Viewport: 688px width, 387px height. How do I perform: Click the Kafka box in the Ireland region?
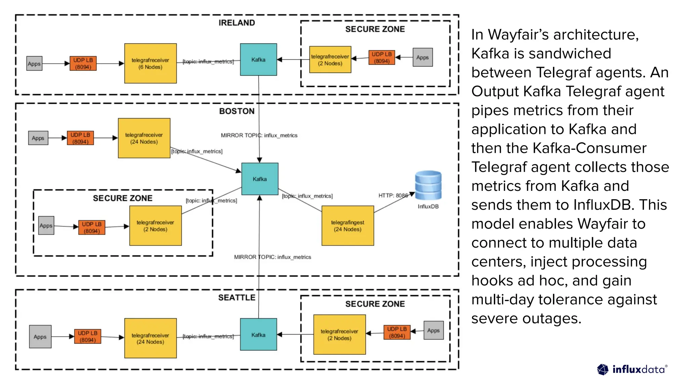pyautogui.click(x=258, y=59)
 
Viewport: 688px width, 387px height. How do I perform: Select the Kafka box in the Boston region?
pyautogui.click(x=260, y=179)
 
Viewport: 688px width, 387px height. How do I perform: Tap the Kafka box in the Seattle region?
pyautogui.click(x=258, y=334)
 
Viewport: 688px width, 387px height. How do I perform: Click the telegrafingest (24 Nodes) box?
pyautogui.click(x=348, y=225)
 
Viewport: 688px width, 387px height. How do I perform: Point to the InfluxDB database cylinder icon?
pyautogui.click(x=428, y=185)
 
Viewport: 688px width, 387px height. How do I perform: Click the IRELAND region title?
pyautogui.click(x=236, y=23)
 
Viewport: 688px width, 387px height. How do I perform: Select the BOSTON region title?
pyautogui.click(x=236, y=111)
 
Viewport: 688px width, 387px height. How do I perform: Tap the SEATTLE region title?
pyautogui.click(x=236, y=298)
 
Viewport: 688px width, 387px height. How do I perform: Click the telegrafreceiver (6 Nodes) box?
pyautogui.click(x=150, y=63)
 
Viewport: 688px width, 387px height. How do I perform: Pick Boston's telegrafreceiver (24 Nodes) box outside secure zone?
pyautogui.click(x=144, y=138)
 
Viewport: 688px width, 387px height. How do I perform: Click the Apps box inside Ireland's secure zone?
pyautogui.click(x=422, y=57)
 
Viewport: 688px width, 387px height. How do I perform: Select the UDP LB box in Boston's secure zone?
pyautogui.click(x=91, y=227)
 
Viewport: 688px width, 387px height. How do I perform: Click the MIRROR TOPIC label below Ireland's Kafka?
pyautogui.click(x=259, y=135)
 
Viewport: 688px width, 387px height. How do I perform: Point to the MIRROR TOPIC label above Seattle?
pyautogui.click(x=272, y=257)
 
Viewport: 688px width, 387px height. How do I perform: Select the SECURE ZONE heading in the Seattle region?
pyautogui.click(x=375, y=304)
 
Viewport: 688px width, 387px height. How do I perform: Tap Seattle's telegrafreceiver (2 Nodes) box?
pyautogui.click(x=339, y=335)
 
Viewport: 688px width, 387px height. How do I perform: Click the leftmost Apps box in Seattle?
pyautogui.click(x=40, y=337)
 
